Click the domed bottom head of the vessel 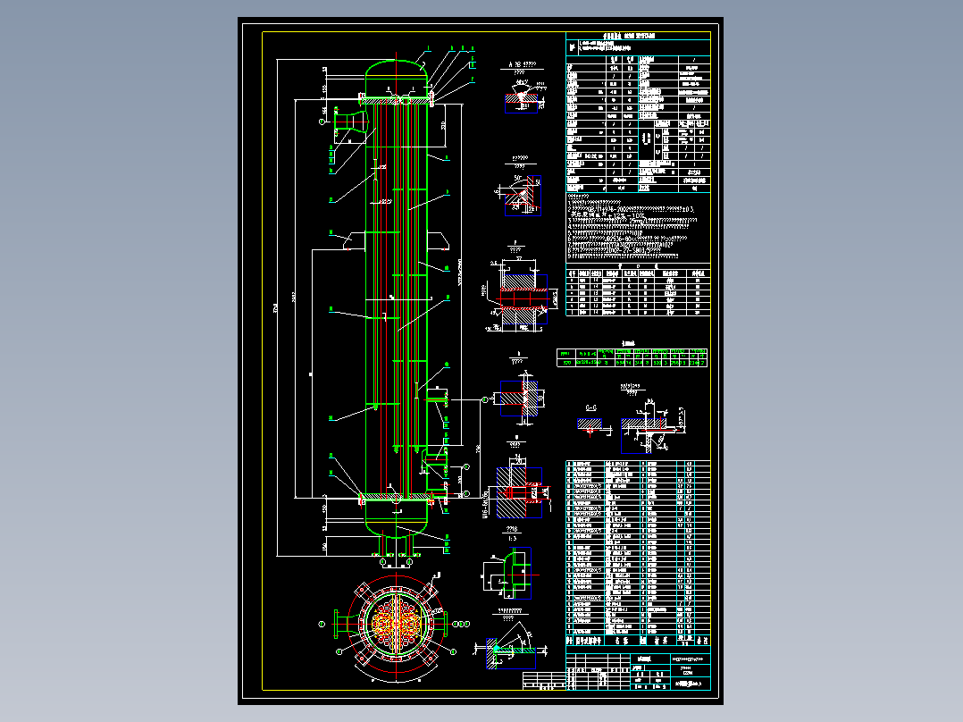pos(395,516)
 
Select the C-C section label pos(590,407)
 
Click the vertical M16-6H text pos(485,502)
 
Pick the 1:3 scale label pos(512,540)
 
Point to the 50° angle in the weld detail pos(518,176)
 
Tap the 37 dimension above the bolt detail pos(517,256)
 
